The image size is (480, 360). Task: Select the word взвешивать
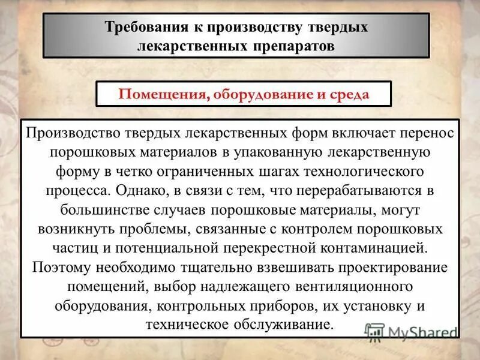coord(290,268)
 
